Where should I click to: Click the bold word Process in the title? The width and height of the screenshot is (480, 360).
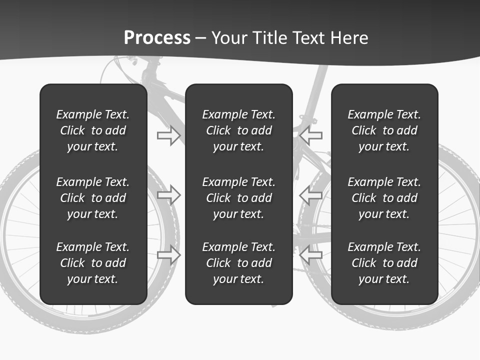(157, 38)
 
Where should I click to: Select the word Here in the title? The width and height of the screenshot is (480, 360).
(349, 38)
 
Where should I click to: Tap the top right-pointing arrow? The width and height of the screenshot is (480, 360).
(168, 135)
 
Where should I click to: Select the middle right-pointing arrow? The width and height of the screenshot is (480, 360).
(168, 194)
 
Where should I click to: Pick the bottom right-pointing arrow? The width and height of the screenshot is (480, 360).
(168, 254)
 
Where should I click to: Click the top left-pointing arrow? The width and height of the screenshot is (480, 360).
(311, 135)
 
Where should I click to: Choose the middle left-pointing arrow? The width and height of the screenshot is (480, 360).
(311, 194)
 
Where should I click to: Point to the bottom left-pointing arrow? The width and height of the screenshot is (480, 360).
(311, 254)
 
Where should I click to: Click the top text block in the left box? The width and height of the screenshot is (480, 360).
(93, 130)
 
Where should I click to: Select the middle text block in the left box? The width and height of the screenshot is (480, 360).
(93, 198)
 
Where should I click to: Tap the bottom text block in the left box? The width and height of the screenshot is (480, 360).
(93, 263)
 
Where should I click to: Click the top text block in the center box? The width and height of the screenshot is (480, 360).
(238, 130)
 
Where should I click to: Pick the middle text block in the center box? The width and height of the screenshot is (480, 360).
(238, 198)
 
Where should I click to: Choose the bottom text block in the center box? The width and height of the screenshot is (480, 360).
(238, 263)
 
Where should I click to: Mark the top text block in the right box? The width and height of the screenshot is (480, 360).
(384, 130)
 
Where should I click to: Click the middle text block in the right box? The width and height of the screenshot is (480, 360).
(384, 198)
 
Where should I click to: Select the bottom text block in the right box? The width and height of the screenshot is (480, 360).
(384, 263)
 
